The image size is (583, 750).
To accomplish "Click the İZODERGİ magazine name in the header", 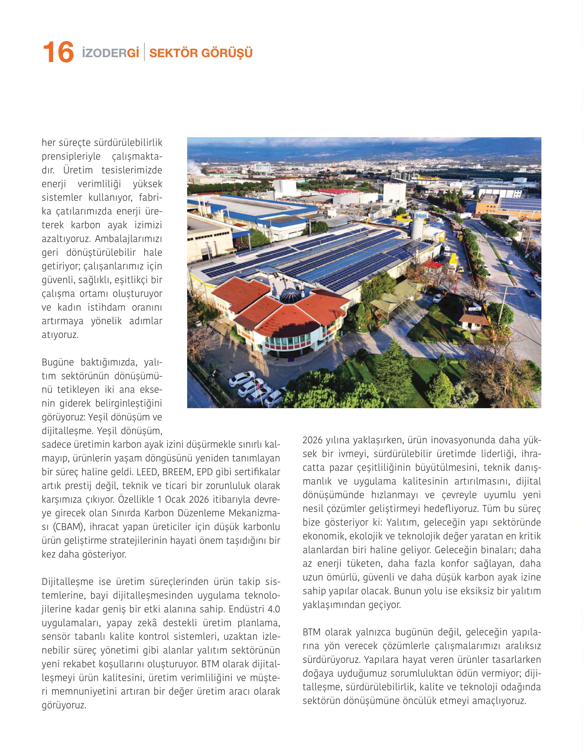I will (x=110, y=53).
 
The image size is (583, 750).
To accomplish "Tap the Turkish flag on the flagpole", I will (x=258, y=383).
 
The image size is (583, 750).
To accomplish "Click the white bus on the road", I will (x=508, y=241).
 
